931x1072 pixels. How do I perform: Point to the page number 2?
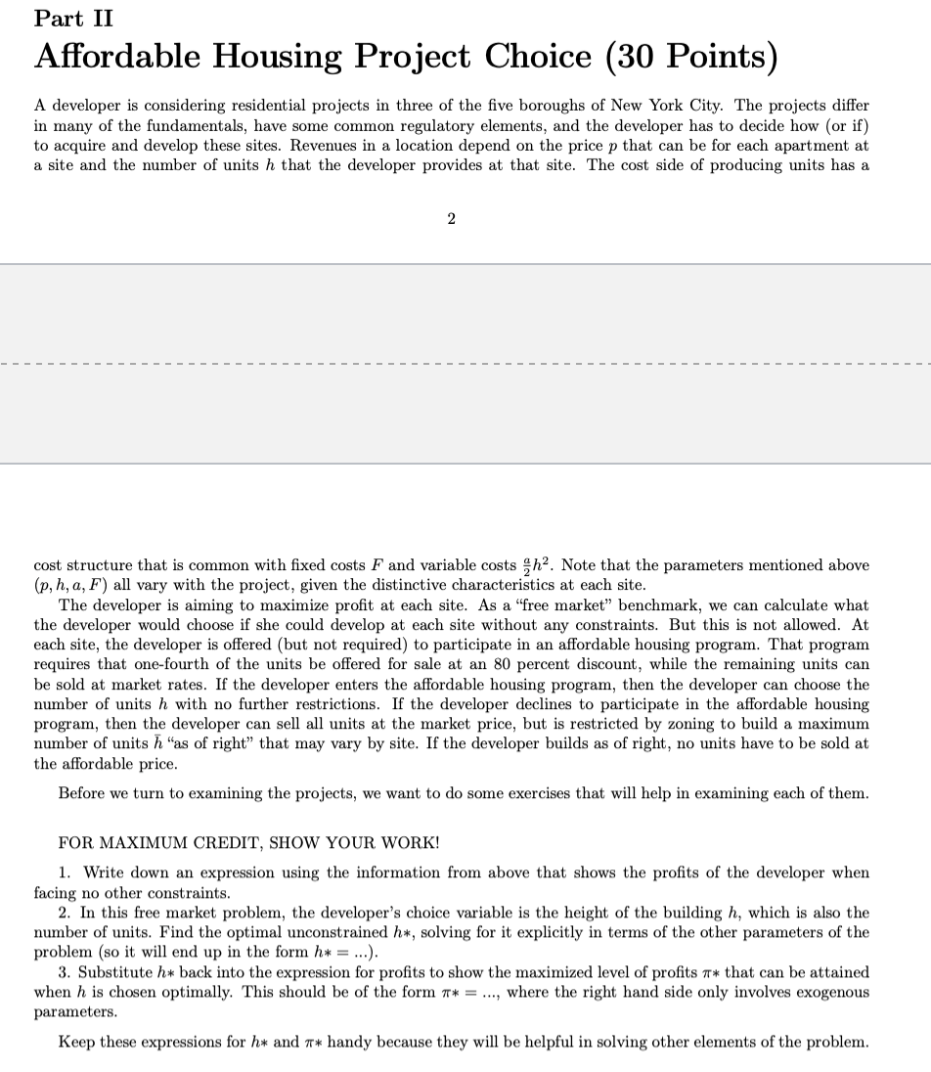(x=450, y=219)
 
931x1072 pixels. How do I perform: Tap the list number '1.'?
(x=65, y=872)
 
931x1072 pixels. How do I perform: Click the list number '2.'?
(x=65, y=913)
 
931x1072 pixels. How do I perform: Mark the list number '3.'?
(x=65, y=972)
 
